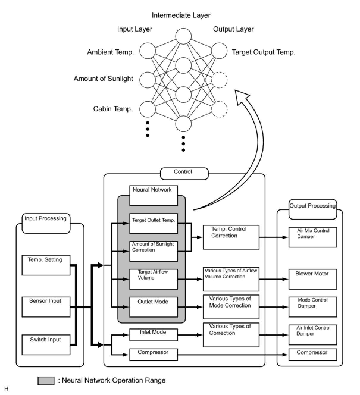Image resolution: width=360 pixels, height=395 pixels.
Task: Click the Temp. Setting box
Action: point(46,265)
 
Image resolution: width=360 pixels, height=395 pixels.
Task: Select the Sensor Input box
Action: point(46,306)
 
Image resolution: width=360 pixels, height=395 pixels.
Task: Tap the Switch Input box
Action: point(46,344)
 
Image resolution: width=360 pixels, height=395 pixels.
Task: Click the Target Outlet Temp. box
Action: point(154,223)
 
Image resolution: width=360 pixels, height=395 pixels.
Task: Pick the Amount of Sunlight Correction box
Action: point(154,251)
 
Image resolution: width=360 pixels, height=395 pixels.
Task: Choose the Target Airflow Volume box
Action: point(154,279)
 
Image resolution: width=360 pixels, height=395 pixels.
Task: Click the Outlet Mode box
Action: point(154,307)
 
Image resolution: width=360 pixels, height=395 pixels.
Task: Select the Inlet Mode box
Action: point(154,335)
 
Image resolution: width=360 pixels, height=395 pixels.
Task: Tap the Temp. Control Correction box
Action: point(231,237)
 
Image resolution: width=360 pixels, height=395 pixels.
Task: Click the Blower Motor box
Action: point(313,279)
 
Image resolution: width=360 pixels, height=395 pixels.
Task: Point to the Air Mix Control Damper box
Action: point(313,237)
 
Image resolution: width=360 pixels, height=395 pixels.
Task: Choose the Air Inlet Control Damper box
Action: point(313,335)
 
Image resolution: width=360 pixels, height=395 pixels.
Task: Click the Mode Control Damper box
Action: point(313,307)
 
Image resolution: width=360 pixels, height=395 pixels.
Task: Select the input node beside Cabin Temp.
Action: point(148,109)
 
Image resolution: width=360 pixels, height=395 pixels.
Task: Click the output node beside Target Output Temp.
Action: point(219,51)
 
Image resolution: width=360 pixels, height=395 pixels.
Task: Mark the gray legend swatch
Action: point(46,381)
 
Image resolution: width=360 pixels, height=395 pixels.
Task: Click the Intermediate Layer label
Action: point(181,15)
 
